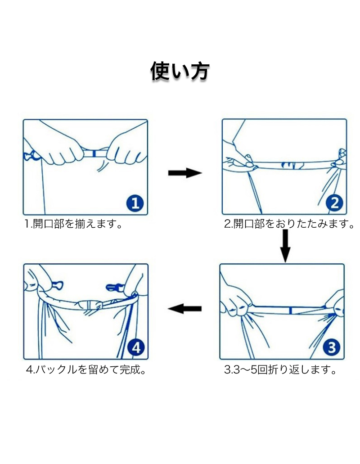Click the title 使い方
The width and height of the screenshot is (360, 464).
(x=180, y=71)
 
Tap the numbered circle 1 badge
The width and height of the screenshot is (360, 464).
(x=135, y=203)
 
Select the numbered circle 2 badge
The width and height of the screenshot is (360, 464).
(x=334, y=203)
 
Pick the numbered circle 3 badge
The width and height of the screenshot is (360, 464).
(x=332, y=347)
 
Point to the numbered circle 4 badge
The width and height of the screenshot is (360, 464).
(x=136, y=347)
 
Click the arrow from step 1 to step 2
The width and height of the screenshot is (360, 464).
(x=185, y=173)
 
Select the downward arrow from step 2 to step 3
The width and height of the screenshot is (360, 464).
(x=285, y=246)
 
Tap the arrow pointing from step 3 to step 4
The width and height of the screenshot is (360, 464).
(x=184, y=309)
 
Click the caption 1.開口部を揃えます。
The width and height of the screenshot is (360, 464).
(x=73, y=224)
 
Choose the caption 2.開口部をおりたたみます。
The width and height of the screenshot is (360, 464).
(x=289, y=224)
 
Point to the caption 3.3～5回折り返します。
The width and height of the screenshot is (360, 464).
(x=280, y=370)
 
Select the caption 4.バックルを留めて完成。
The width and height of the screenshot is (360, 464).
(x=86, y=370)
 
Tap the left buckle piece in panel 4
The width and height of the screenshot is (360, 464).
(x=57, y=285)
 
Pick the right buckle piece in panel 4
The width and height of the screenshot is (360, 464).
(x=114, y=287)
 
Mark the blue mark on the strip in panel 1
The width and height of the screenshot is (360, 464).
(x=94, y=153)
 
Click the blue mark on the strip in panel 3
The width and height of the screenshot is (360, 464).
(x=291, y=311)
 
